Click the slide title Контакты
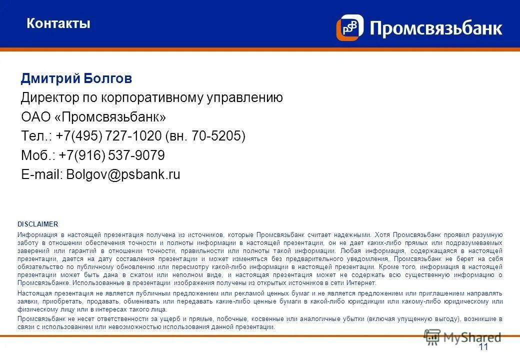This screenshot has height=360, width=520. (58, 23)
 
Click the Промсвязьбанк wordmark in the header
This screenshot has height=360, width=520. (435, 28)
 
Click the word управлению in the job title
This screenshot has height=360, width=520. (245, 98)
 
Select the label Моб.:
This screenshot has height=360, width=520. (38, 156)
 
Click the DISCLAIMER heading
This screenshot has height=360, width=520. (38, 224)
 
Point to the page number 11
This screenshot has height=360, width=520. (483, 347)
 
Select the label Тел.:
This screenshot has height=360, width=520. (36, 136)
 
